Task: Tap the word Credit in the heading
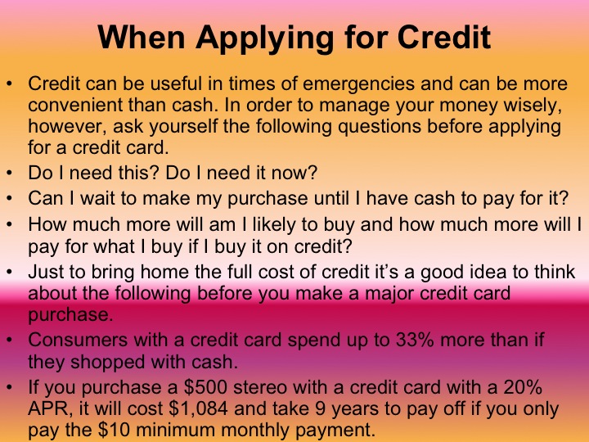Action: [x=449, y=38]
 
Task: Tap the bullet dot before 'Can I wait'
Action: [x=9, y=199]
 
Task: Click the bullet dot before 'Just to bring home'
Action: [x=9, y=273]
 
